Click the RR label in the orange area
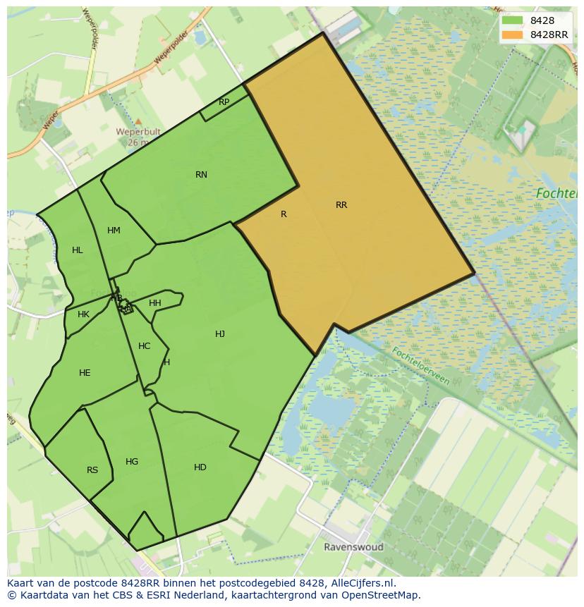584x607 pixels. tap(341, 205)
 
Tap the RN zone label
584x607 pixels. tap(202, 175)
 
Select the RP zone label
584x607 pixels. tap(224, 102)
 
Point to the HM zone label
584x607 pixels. tap(114, 231)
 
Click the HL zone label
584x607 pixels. tap(78, 250)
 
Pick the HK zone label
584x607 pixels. tap(84, 314)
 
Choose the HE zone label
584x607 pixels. tap(85, 373)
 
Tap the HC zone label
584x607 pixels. tap(145, 346)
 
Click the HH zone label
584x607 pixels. tap(155, 303)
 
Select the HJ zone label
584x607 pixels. tap(220, 334)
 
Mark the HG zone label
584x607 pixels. tap(132, 462)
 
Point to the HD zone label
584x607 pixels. tap(200, 467)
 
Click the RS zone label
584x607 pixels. tap(92, 470)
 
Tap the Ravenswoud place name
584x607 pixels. tap(353, 547)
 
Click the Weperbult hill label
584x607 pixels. tap(138, 132)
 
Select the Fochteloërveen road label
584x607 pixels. tap(420, 366)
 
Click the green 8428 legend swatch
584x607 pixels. tap(512, 20)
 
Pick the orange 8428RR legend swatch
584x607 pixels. tap(512, 35)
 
